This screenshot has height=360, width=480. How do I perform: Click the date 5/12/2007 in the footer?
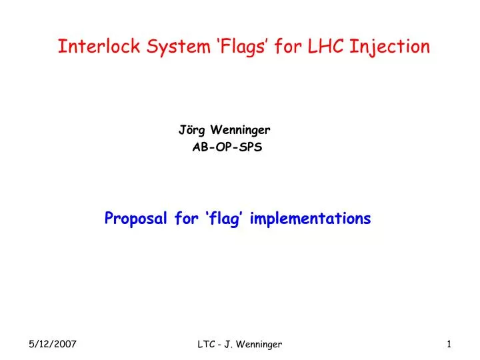pos(53,344)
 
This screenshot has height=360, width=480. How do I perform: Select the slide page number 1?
pos(450,344)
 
